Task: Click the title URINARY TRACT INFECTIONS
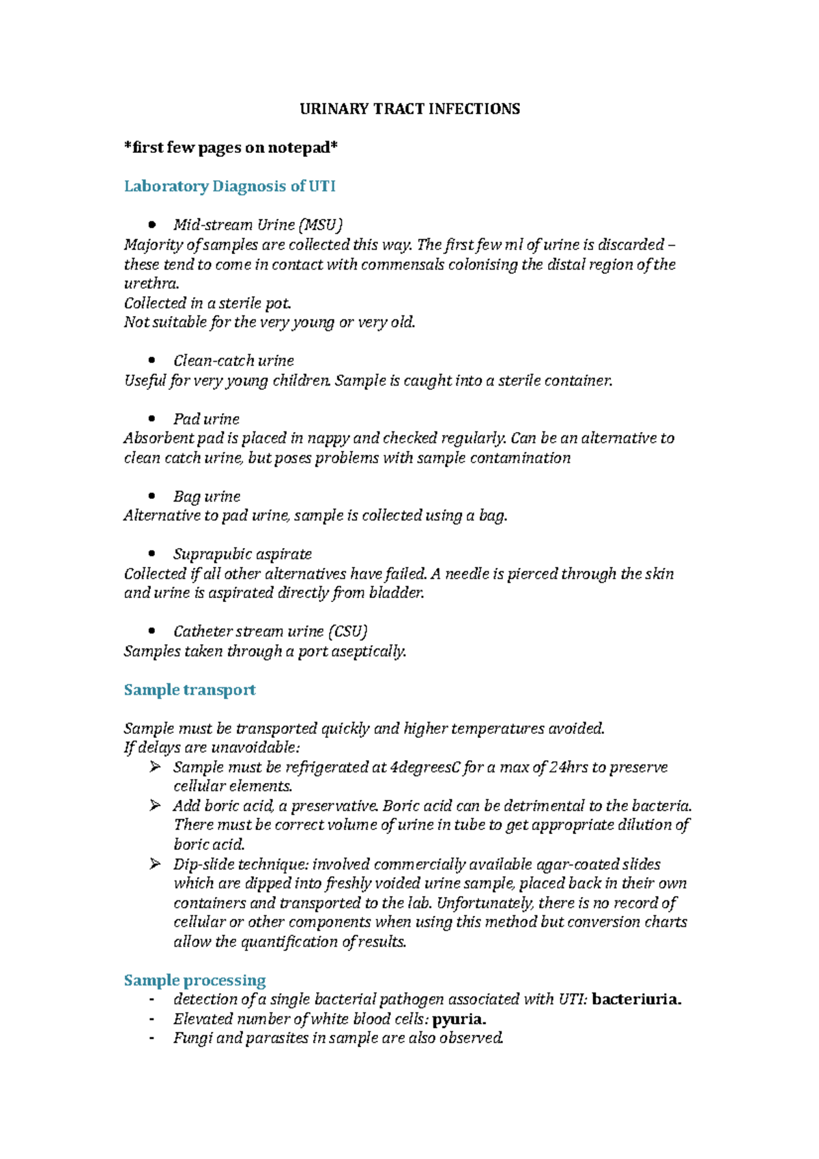click(409, 109)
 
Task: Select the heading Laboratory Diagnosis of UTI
click(229, 186)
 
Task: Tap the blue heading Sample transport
click(190, 690)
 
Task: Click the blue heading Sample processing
click(195, 980)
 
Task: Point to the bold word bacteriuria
click(636, 1000)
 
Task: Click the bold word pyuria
click(459, 1019)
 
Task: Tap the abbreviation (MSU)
click(321, 225)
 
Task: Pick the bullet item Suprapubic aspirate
click(242, 554)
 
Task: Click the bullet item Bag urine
click(207, 497)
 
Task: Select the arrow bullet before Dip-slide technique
click(155, 864)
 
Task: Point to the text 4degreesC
click(424, 767)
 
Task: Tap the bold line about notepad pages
click(231, 148)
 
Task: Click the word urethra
click(150, 283)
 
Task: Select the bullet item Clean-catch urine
click(233, 361)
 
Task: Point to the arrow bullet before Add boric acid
click(155, 806)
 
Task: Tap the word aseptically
click(368, 651)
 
